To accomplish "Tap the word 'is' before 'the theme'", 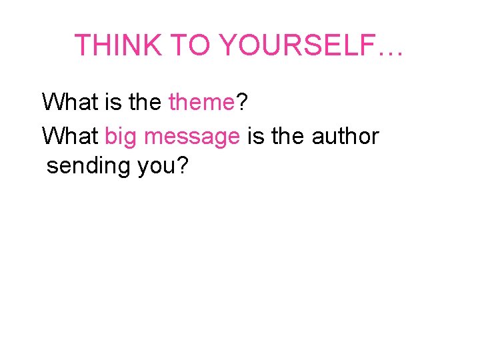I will [x=109, y=103].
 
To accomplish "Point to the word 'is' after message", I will [x=255, y=136].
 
